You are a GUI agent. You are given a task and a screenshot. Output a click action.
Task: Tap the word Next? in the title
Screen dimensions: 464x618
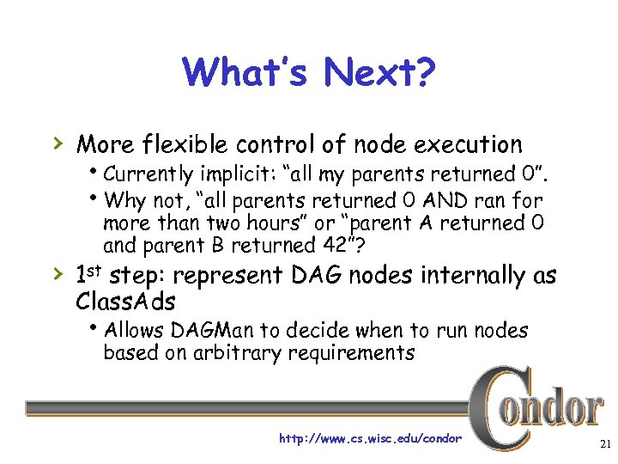pos(380,73)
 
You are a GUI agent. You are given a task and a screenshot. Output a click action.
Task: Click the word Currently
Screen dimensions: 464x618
pos(150,174)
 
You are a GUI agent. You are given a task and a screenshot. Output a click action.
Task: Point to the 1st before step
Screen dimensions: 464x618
pos(90,275)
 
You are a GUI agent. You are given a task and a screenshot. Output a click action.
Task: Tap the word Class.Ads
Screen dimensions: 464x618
pos(125,302)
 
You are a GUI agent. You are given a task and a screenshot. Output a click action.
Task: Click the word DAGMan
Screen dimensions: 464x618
pos(209,331)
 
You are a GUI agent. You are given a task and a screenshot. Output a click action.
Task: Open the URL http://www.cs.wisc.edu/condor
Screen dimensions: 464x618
pos(370,439)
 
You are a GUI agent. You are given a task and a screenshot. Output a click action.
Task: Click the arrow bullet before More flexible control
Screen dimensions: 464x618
pos(58,143)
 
